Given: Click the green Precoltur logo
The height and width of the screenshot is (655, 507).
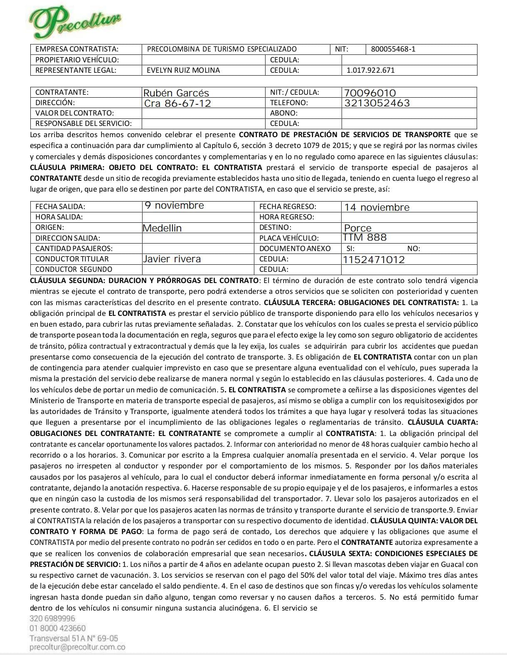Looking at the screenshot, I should coord(75,22).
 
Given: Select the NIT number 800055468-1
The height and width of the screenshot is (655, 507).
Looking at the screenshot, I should coord(393,49).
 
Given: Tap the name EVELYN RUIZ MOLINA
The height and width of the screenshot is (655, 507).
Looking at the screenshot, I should coord(183,70).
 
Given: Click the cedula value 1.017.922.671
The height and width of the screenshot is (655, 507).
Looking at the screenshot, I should coord(370,70).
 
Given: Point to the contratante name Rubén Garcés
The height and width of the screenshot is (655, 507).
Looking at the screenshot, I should coord(176,93).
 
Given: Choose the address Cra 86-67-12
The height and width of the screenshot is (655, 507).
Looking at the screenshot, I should coord(177,103).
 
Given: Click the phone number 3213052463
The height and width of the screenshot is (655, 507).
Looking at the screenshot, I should coord(377,103).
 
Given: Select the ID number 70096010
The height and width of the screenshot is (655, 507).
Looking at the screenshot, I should coord(370,93).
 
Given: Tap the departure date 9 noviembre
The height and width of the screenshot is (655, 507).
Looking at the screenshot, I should coord(174,205).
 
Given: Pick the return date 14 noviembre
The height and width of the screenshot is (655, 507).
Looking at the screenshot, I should coord(377,207).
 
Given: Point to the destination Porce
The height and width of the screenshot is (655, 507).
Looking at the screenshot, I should coord(358,228).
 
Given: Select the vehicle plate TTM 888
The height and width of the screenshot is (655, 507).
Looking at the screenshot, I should coord(364,237).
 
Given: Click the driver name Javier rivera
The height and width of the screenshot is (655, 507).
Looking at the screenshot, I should coord(172,259).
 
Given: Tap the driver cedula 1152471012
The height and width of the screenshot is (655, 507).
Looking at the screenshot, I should coord(373,259).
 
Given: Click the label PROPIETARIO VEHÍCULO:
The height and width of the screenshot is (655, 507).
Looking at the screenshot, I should coord(77,60).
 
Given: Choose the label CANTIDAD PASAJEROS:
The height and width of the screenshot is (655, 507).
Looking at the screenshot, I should coord(74,249).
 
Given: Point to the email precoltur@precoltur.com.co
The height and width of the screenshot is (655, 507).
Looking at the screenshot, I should coord(77,647).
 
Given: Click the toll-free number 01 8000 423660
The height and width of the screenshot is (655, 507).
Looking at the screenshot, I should coord(57,628).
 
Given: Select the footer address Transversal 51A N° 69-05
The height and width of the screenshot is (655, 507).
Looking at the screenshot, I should coord(74,638).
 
